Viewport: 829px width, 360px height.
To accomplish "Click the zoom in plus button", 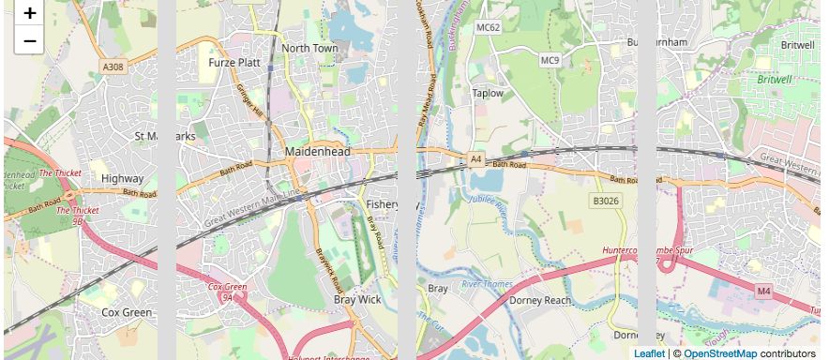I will point(30,14).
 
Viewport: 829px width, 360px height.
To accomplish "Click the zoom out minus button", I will point(30,40).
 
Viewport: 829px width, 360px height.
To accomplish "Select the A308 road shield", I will point(113,67).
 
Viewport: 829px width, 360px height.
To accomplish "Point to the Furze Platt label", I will point(234,63).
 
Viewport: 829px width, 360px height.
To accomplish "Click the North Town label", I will point(309,48).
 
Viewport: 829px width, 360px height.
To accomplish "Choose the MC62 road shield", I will point(489,27).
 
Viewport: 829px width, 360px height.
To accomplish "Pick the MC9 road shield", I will point(550,61).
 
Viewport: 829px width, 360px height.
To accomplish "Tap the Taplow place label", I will point(488,93).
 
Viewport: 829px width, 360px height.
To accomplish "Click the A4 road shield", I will point(476,160).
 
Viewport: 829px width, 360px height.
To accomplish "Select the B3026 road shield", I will point(607,201).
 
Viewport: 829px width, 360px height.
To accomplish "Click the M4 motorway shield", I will point(763,292).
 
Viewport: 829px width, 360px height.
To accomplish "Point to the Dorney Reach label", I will point(539,300).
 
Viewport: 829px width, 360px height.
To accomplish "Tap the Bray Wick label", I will point(357,300).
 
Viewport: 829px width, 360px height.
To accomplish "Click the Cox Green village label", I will point(127,312).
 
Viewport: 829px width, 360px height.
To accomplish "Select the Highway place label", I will point(122,178).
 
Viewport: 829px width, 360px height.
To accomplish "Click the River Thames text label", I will point(485,283).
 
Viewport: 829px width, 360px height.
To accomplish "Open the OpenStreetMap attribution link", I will point(719,353).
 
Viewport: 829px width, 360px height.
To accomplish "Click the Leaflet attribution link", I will point(649,353).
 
